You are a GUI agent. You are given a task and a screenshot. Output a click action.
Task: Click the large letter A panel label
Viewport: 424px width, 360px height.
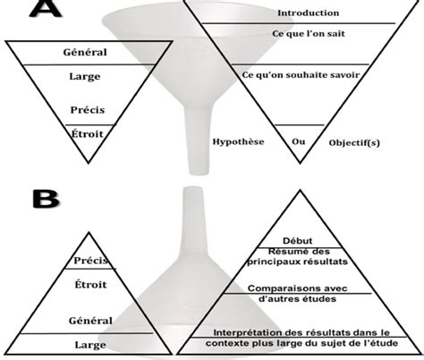(x=46, y=8)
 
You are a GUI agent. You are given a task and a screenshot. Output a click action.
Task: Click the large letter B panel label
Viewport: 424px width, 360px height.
(x=46, y=199)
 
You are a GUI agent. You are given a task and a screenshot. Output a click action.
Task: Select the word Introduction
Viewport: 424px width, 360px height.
(x=309, y=13)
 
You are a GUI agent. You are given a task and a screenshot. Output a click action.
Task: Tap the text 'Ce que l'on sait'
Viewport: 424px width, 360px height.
(x=309, y=33)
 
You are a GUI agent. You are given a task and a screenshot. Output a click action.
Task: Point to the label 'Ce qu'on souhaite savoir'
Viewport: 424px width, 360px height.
(x=301, y=75)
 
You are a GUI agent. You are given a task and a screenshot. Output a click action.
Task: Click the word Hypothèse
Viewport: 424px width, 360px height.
(x=238, y=141)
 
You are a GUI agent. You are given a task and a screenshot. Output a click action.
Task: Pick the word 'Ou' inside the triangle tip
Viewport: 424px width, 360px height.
(x=299, y=141)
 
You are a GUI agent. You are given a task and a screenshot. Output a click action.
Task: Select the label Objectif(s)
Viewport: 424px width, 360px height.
(x=354, y=142)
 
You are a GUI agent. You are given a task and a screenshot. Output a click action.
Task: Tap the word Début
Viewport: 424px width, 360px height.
(x=298, y=241)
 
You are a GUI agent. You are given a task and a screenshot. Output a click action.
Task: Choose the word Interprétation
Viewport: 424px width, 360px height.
(x=248, y=332)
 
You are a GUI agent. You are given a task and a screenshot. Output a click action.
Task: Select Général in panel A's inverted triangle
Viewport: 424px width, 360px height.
(x=85, y=52)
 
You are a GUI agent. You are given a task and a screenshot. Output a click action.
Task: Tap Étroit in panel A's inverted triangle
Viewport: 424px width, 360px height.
(x=88, y=134)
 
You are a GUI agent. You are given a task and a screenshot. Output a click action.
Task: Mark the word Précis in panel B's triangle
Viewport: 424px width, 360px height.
(x=91, y=261)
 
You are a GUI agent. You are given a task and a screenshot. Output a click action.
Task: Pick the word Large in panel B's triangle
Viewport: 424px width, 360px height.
(x=90, y=345)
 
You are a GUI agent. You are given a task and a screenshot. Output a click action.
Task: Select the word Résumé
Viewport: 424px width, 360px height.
(x=283, y=252)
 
